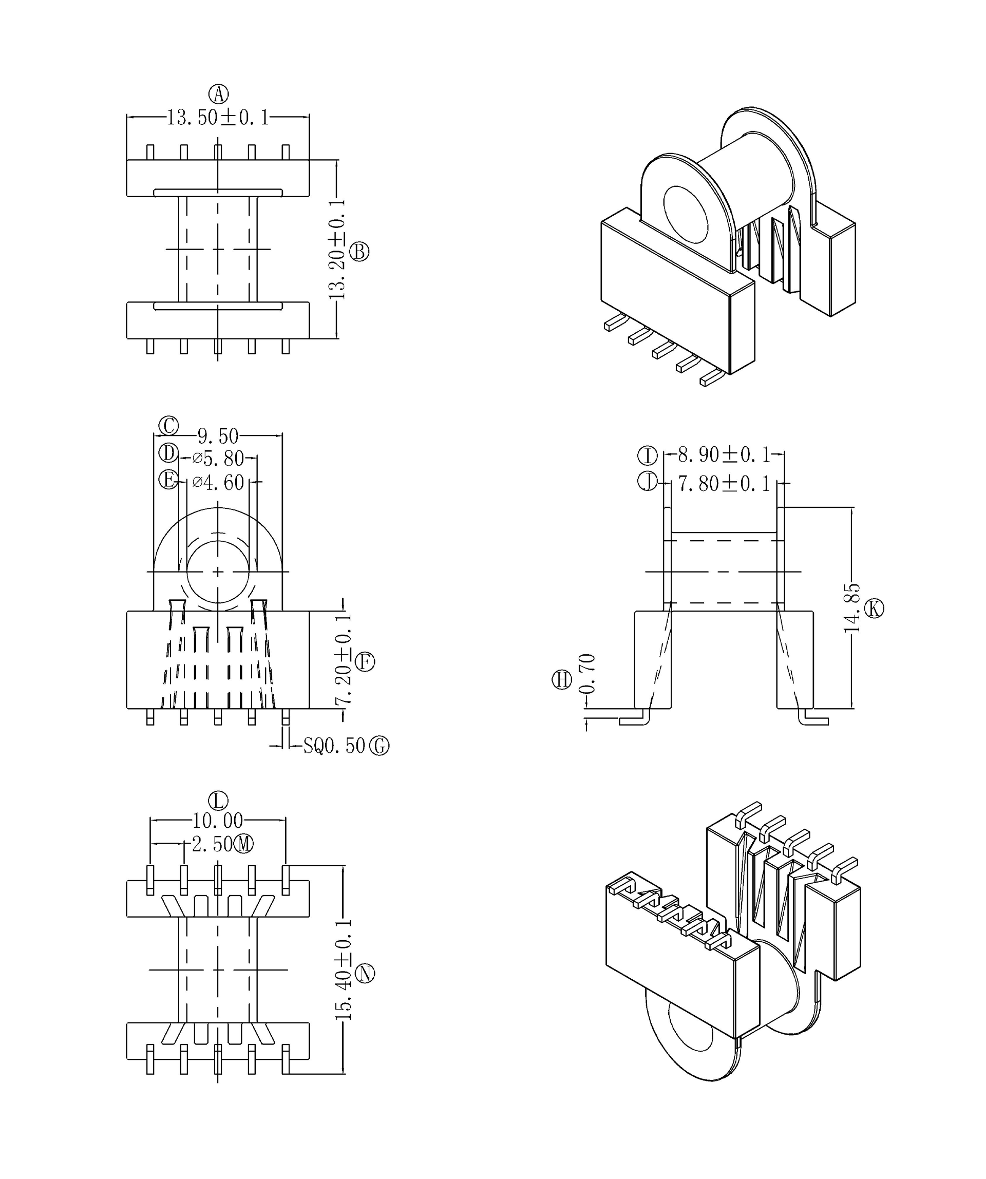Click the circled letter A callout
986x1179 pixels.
coord(218,94)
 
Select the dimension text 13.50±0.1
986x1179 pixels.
coord(218,118)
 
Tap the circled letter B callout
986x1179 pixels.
coord(359,252)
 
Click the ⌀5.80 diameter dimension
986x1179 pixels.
coord(218,459)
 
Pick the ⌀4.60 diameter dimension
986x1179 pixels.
coord(218,482)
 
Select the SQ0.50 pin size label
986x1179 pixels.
coord(334,746)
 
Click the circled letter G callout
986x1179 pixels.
coord(379,746)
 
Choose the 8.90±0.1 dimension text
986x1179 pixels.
coord(724,455)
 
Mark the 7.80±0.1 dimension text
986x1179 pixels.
coord(724,483)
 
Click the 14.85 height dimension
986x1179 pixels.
coord(852,608)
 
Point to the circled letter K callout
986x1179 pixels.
coord(874,608)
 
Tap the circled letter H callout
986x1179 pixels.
coord(562,680)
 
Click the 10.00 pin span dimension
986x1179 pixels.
coord(218,821)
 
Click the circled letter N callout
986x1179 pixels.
coord(365,973)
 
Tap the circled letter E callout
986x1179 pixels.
coord(168,480)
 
